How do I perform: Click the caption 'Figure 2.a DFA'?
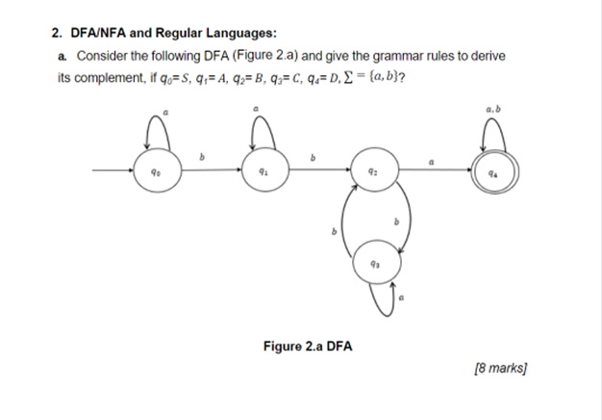[x=308, y=345]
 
